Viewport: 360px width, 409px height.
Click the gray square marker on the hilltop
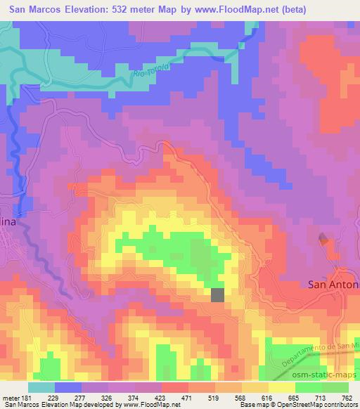click(218, 295)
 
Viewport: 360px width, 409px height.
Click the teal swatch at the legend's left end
click(41, 388)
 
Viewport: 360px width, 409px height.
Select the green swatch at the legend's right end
click(335, 388)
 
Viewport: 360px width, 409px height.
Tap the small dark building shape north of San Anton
click(323, 239)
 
